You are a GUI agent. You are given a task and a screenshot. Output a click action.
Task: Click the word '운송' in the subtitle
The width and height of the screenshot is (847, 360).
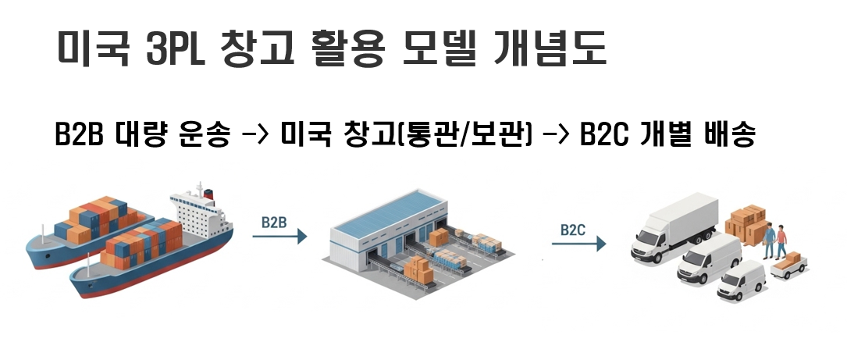point(205,136)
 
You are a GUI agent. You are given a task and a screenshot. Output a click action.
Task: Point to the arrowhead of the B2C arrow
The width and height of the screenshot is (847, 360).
point(600,244)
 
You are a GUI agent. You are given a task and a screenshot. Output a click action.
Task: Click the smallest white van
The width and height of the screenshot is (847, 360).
point(742,282)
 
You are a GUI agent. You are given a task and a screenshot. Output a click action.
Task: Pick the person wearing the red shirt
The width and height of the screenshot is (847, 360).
point(781,239)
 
